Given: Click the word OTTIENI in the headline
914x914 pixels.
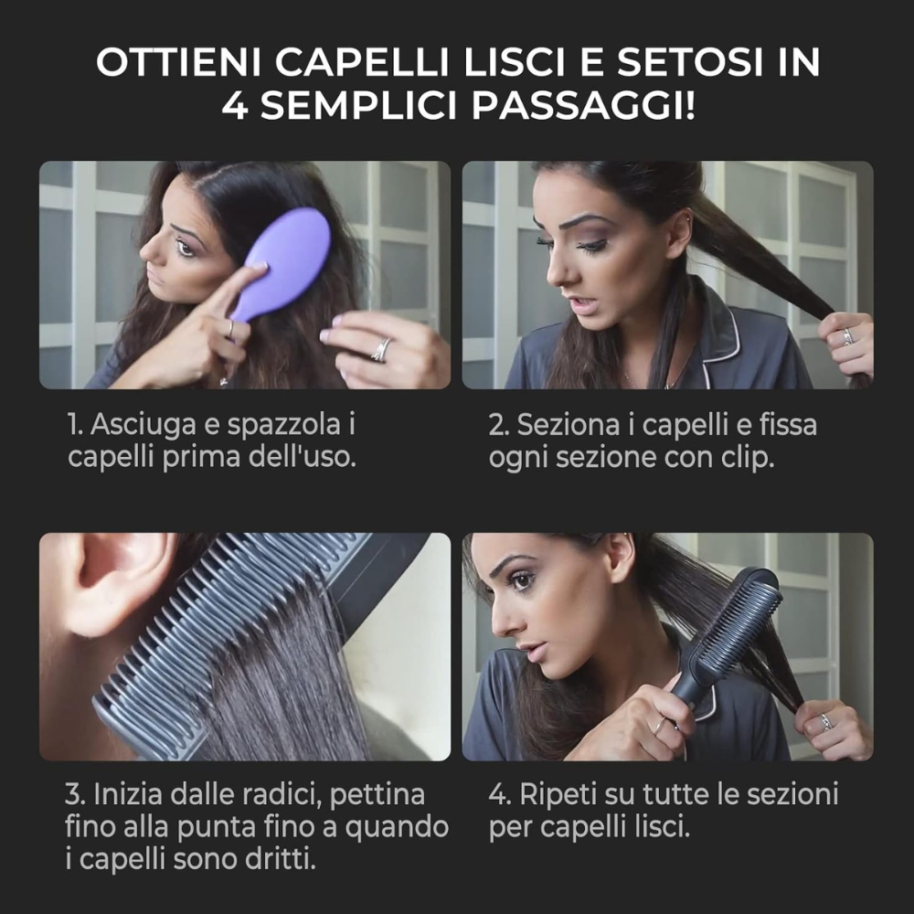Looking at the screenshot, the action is click(179, 62).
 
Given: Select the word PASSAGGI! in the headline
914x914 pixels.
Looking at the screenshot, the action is click(583, 106).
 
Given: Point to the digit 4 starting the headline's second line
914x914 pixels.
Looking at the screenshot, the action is click(234, 106).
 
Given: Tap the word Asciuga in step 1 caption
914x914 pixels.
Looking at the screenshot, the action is click(143, 424).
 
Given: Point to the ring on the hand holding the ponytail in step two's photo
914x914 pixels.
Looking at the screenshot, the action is click(847, 336).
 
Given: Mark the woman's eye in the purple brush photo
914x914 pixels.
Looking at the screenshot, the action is click(185, 249).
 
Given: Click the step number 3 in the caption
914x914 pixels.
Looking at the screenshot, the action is click(73, 795).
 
